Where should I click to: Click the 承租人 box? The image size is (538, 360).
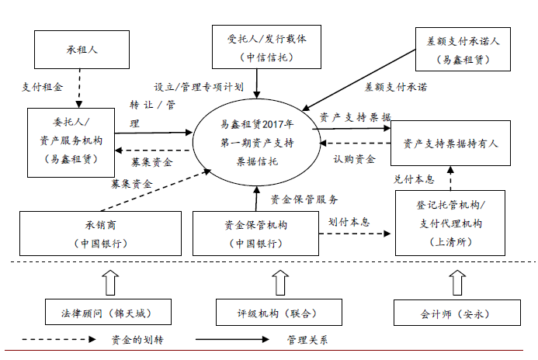click(x=80, y=50)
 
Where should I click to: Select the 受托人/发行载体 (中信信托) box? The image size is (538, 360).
click(x=255, y=47)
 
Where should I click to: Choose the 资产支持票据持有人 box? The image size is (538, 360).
click(x=450, y=144)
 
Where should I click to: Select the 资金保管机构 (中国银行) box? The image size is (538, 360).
click(x=255, y=234)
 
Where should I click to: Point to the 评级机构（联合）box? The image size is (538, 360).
click(x=266, y=314)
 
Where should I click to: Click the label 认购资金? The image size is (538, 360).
click(x=354, y=159)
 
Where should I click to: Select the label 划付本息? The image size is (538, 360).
click(x=348, y=221)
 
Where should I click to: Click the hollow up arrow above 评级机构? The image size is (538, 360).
click(x=266, y=280)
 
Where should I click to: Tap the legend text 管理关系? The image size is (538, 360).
click(x=307, y=340)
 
